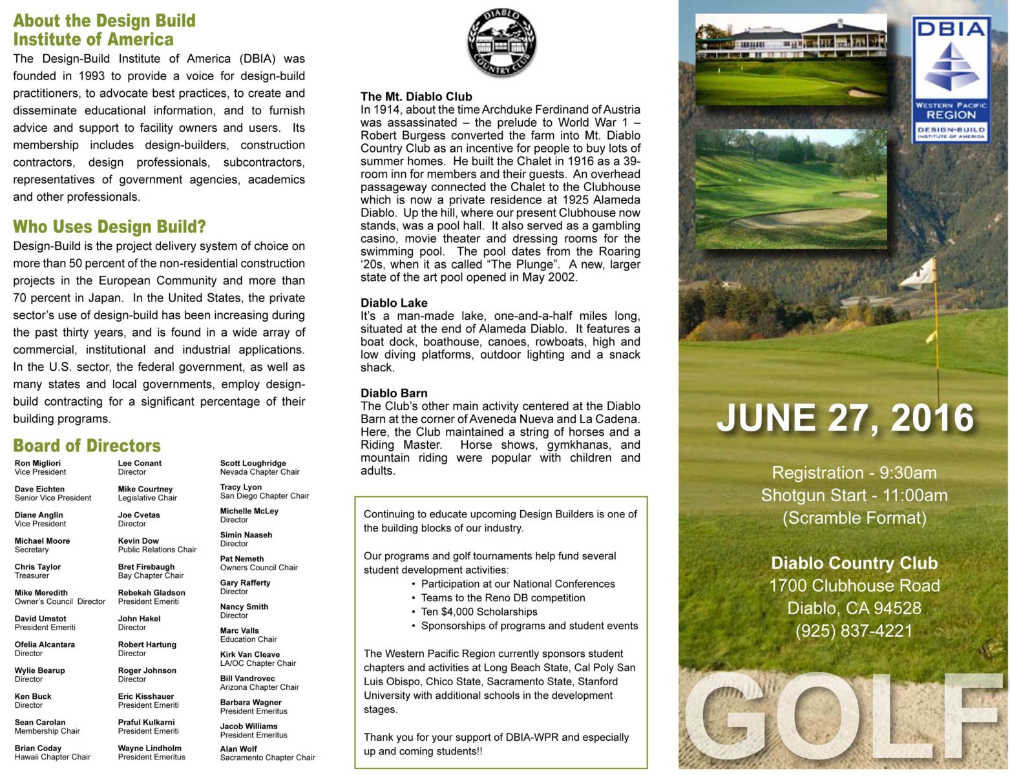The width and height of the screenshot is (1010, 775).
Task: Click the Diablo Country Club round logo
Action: point(501,43)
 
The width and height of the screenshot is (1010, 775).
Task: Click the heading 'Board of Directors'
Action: point(87,446)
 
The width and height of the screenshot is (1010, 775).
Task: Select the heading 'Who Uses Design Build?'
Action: point(109,227)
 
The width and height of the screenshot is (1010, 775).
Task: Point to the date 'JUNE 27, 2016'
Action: point(845,417)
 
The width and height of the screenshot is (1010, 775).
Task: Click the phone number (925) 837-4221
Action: point(854,630)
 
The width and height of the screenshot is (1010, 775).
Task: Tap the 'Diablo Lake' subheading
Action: point(394,303)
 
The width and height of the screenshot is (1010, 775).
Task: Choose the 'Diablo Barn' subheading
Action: point(394,393)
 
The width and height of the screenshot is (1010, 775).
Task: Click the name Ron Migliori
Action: point(37,463)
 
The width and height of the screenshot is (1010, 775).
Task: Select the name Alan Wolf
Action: point(238,749)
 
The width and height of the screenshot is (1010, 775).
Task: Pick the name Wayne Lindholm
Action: point(149,748)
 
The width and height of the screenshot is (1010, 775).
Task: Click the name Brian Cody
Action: point(38,748)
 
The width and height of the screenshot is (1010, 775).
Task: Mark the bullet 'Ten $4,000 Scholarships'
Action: point(479,612)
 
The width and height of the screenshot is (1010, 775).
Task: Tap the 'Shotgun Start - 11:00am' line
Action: point(854,495)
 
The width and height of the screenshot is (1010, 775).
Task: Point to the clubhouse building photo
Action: point(791,59)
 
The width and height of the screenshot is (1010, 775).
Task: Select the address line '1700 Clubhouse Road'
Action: point(854,586)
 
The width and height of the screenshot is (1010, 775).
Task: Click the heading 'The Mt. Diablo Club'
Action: point(416,97)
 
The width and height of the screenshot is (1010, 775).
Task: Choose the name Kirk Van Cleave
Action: point(249,654)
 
